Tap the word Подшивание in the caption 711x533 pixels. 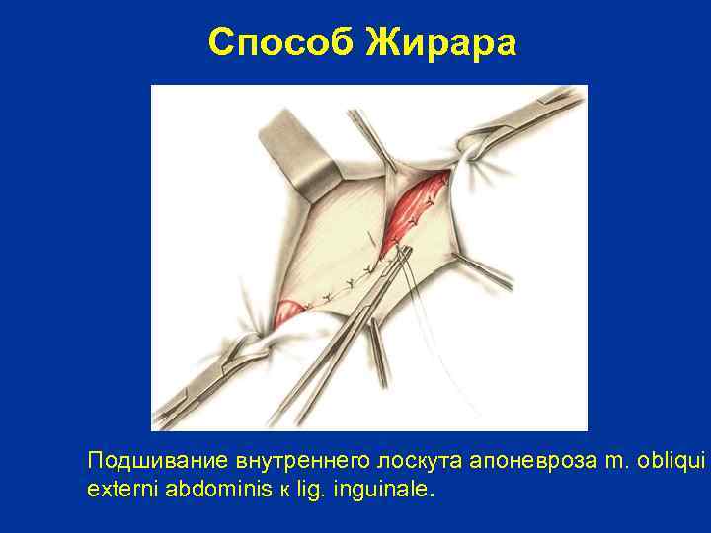pyautogui.click(x=158, y=461)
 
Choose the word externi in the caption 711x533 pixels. pyautogui.click(x=118, y=488)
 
